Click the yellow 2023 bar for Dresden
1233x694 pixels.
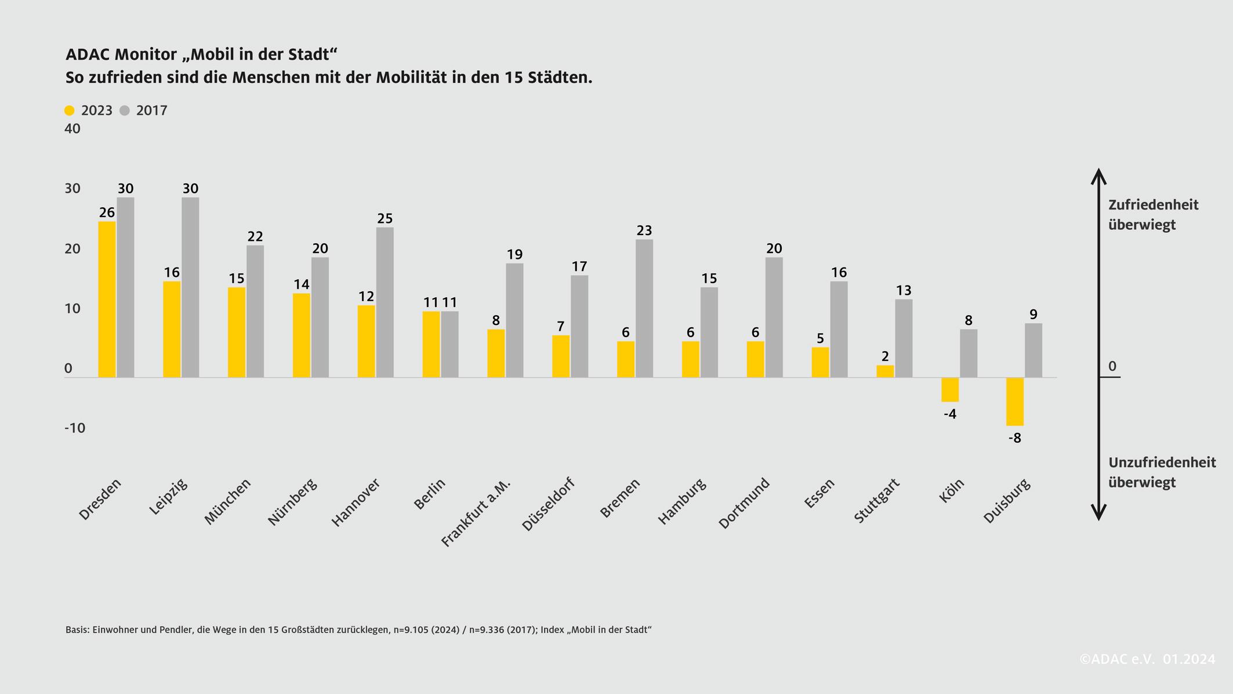107,299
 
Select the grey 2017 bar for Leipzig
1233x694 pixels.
190,287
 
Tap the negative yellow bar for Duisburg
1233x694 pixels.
1014,402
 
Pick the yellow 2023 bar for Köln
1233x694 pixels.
950,389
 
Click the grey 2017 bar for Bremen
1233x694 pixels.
644,308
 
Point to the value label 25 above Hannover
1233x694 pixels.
385,219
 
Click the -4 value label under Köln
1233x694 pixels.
950,414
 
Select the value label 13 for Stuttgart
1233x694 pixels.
903,290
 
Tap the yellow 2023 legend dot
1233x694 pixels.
70,111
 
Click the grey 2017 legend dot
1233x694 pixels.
125,111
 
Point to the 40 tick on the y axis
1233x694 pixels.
72,129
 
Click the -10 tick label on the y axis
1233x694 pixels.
75,428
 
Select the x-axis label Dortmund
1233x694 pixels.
744,503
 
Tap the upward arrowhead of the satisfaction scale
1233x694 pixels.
1098,175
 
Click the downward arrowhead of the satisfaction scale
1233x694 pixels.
1098,513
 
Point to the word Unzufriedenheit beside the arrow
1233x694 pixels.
1162,462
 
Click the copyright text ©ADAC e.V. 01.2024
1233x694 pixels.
1147,659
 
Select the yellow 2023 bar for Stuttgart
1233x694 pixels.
884,371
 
